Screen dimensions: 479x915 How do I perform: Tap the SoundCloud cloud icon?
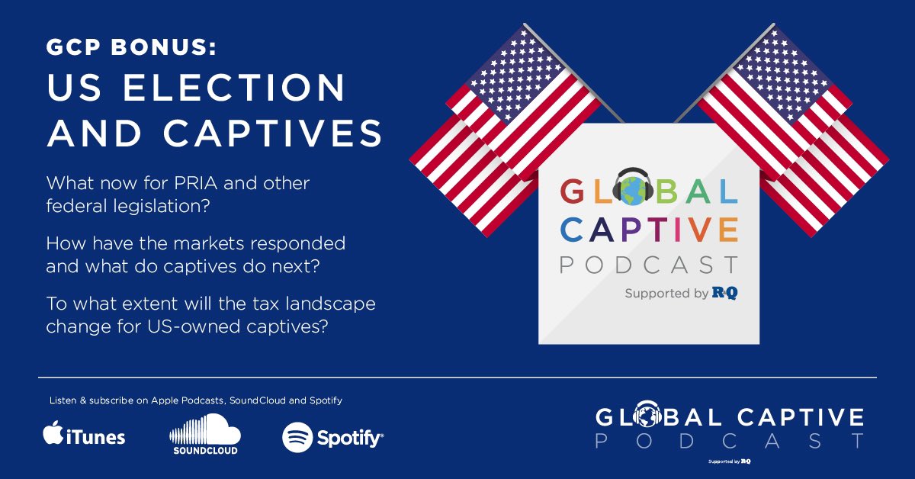point(203,430)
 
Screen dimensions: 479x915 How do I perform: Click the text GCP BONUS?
point(131,48)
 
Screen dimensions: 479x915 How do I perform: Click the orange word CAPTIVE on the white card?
point(649,228)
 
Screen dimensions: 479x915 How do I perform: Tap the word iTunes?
point(95,437)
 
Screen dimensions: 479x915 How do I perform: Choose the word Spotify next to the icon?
point(349,438)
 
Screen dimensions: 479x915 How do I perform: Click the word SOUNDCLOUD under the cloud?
point(203,451)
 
